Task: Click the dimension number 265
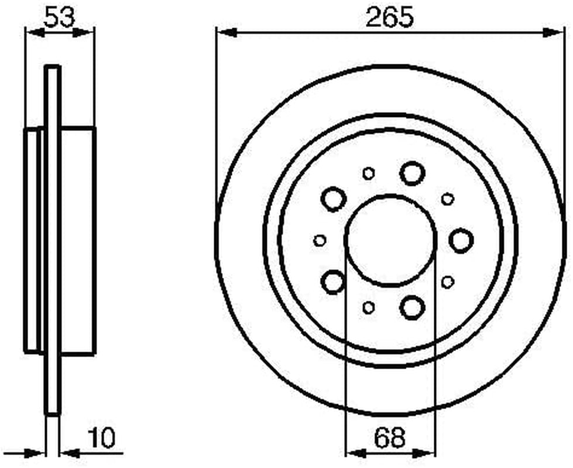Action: pos(390,17)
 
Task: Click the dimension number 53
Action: pos(59,17)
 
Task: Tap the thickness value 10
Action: pos(102,438)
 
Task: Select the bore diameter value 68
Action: pos(390,438)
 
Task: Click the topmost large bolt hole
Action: pos(412,173)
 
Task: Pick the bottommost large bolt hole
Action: pos(412,308)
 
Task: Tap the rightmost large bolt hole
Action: pos(461,240)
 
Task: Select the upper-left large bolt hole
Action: pos(333,199)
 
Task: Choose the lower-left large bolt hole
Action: pos(333,281)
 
